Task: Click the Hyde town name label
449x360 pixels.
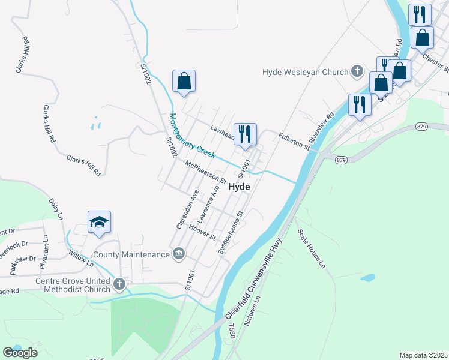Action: click(239, 187)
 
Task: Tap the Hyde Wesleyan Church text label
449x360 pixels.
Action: click(305, 72)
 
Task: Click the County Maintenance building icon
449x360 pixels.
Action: click(178, 254)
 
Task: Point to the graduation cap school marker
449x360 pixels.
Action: click(99, 223)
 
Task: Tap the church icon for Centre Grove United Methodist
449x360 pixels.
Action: click(119, 283)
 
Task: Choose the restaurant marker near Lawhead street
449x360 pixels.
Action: click(245, 134)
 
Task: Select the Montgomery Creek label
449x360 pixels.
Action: click(192, 137)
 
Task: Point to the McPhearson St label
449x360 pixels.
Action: click(206, 173)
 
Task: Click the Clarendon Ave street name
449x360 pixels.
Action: click(187, 209)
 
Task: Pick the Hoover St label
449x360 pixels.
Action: click(202, 232)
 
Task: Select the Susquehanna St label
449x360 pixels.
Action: click(231, 233)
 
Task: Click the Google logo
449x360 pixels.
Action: click(20, 353)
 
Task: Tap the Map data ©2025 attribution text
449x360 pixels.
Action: click(423, 355)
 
